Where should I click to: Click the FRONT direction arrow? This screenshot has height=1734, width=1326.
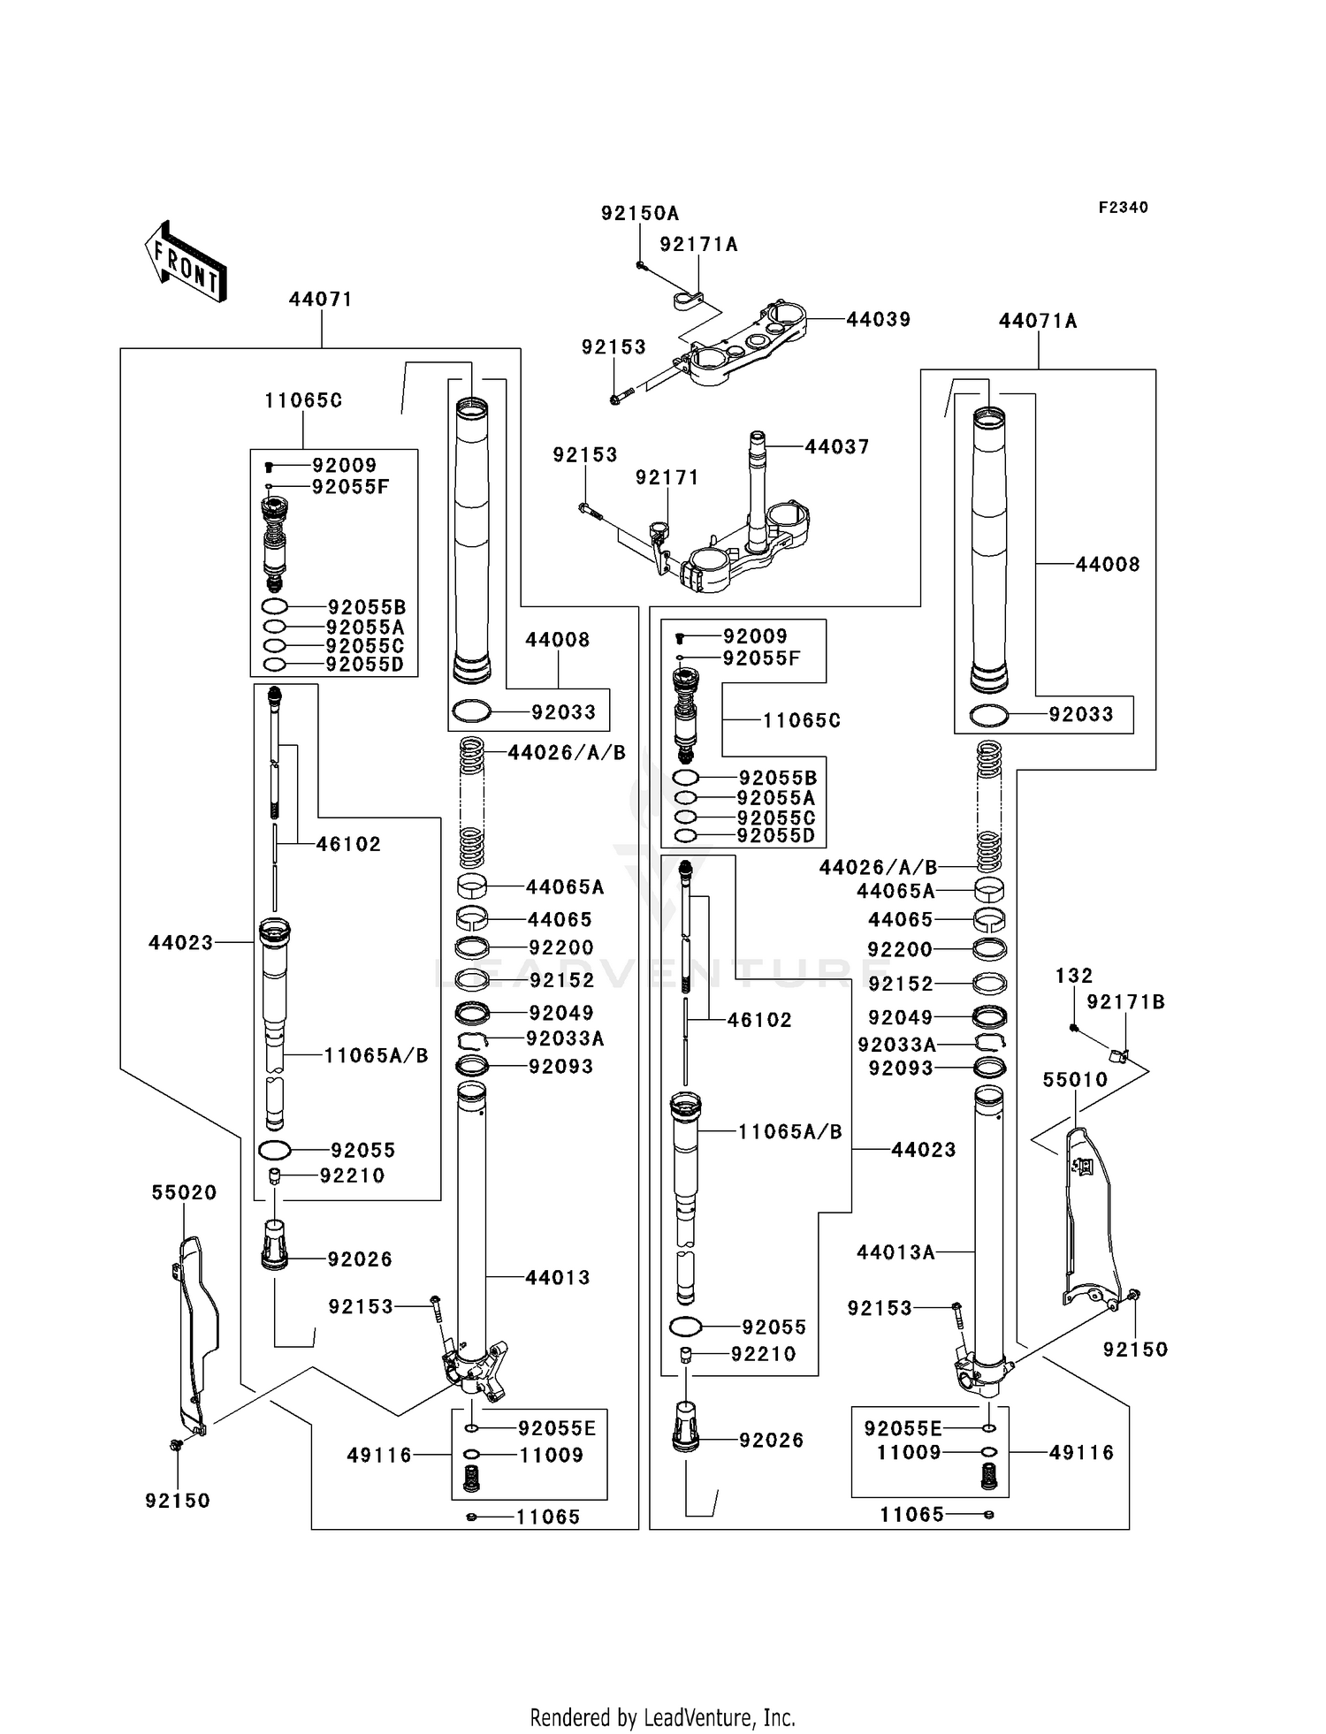pos(186,261)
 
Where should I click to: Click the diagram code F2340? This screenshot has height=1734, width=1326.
pos(1123,208)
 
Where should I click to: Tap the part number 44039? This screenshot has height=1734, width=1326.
pos(879,319)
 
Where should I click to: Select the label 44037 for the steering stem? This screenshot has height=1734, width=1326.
pos(836,447)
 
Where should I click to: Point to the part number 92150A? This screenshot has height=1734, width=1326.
pos(640,213)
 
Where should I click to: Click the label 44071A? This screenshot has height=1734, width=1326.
pos(1038,321)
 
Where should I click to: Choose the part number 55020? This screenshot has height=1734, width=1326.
pos(184,1192)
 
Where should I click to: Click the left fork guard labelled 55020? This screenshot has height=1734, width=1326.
pos(194,1335)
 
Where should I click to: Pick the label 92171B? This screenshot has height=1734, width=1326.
pos(1125,1001)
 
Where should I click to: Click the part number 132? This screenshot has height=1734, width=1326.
pos(1074,976)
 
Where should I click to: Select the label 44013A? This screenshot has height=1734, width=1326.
pos(895,1252)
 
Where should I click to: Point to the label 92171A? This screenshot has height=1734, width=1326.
pos(698,244)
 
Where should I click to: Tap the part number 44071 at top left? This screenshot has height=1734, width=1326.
pos(321,299)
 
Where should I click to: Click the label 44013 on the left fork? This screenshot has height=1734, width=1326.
pos(557,1277)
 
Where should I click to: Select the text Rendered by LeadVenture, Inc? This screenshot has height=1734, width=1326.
pos(663,1717)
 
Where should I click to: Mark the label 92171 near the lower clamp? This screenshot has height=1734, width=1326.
pos(667,477)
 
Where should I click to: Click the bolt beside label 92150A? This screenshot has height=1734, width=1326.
pos(640,265)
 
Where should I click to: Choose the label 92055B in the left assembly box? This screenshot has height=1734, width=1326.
pos(367,607)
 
